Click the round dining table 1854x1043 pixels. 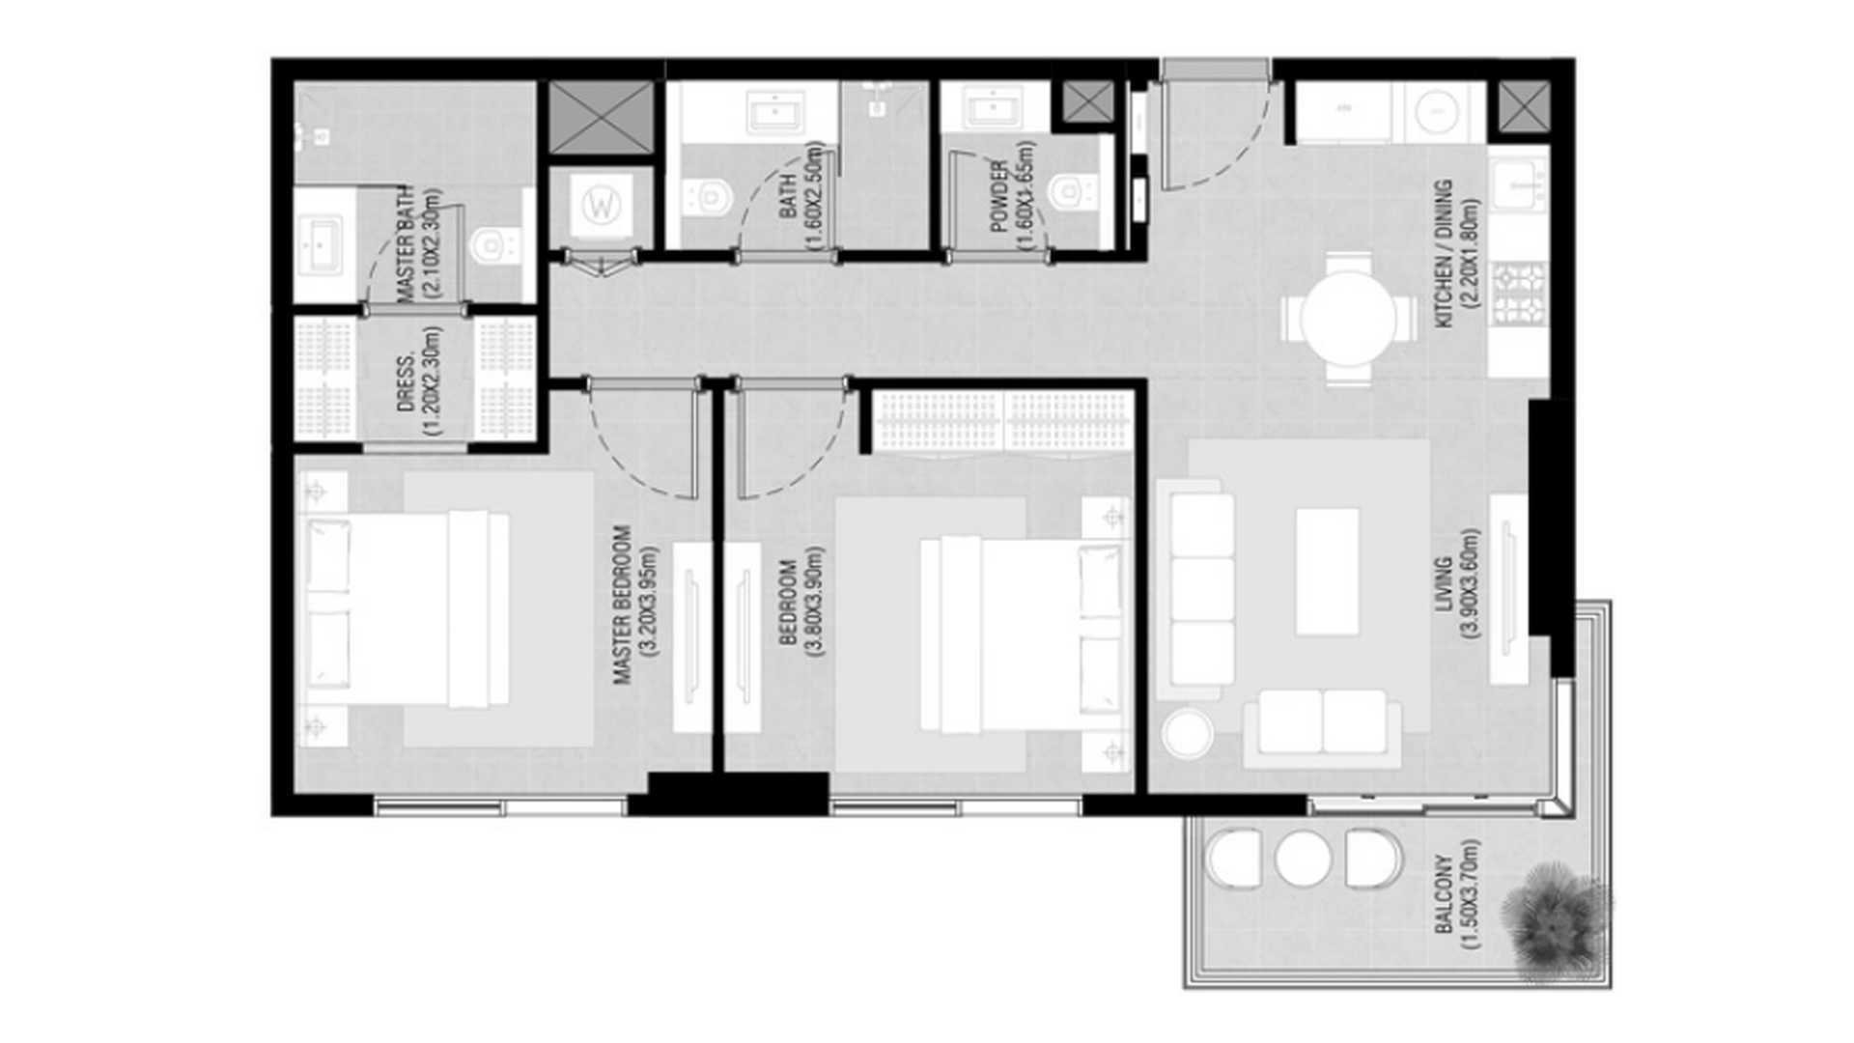[1348, 319]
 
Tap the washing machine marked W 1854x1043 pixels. [602, 205]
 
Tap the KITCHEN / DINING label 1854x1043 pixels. [1457, 253]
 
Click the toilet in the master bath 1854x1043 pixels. [494, 245]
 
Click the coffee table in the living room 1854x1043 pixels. [1328, 571]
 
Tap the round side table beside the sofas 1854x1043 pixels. [1188, 734]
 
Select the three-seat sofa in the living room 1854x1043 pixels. [1197, 590]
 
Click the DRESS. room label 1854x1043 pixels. [418, 381]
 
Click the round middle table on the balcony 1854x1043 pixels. [1303, 858]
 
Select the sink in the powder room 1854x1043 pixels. [995, 107]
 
